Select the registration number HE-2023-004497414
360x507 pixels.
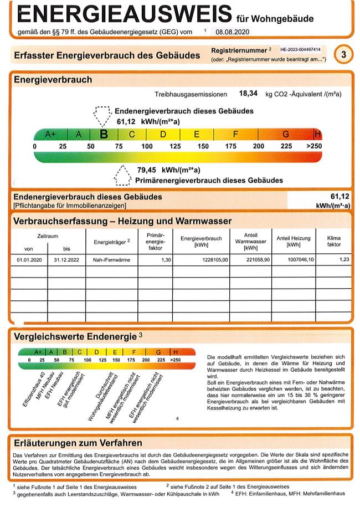point(304,50)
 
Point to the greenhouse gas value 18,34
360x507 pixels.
point(249,94)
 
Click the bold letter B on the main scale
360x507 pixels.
point(103,134)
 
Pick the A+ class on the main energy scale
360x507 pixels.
point(50,134)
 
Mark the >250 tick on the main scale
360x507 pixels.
point(313,146)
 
